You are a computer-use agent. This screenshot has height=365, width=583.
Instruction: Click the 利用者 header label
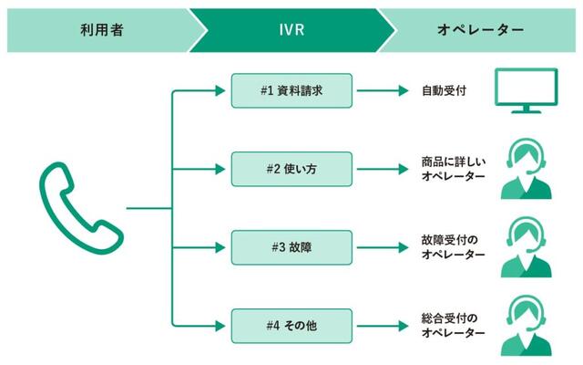[x=101, y=30]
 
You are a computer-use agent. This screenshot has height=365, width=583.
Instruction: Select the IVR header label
[x=288, y=30]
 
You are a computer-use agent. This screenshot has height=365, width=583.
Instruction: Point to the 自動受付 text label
[x=444, y=91]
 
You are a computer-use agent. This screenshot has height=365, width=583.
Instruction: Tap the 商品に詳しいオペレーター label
[x=454, y=169]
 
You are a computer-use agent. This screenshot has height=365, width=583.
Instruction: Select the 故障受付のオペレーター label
[x=454, y=247]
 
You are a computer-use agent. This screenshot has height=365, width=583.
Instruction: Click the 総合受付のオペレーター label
[x=454, y=325]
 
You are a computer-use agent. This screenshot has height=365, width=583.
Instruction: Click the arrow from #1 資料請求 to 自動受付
[x=383, y=91]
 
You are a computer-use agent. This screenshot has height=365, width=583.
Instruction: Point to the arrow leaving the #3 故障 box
[x=383, y=246]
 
